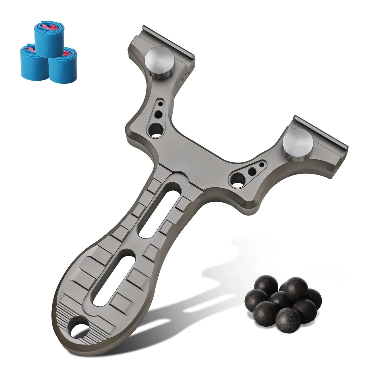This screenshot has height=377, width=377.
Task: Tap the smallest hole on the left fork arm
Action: point(161,104)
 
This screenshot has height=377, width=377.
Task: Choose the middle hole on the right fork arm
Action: point(252,171)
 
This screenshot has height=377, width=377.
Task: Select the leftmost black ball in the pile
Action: point(257,298)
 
